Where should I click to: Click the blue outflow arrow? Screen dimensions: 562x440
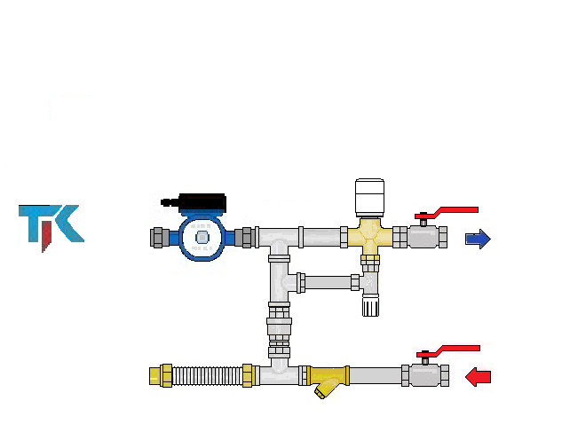pos(479,239)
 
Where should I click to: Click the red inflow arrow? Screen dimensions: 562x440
pos(479,377)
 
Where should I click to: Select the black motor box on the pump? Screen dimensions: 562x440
pos(202,203)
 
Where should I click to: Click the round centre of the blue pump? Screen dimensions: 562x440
pos(202,238)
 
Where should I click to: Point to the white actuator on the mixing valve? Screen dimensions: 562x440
pos(369,198)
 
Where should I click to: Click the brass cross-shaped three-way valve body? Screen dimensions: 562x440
pos(370,236)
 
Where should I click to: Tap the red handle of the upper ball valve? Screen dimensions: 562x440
pos(447,213)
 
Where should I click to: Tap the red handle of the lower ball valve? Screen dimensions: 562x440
pos(448,351)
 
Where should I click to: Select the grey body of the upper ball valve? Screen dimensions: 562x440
pos(423,237)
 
